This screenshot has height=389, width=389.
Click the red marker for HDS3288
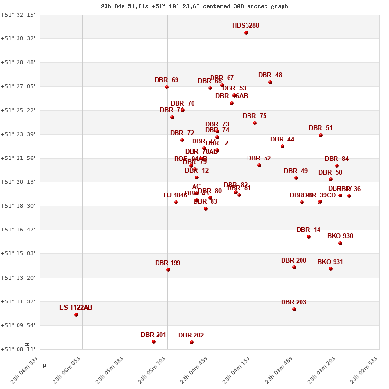pyautogui.click(x=246, y=33)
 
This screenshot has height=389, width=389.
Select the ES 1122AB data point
pyautogui.click(x=76, y=315)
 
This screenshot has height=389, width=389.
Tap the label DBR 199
pyautogui.click(x=168, y=263)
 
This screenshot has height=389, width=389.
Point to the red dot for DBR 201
pyautogui.click(x=154, y=342)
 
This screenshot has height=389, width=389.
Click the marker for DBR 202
pyautogui.click(x=192, y=342)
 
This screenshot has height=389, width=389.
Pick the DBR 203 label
pyautogui.click(x=294, y=302)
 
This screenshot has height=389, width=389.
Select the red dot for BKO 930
pyautogui.click(x=340, y=243)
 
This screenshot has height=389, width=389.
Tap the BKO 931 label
pyautogui.click(x=330, y=262)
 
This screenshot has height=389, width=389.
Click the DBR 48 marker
pyautogui.click(x=270, y=82)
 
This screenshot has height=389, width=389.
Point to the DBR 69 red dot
pyautogui.click(x=167, y=87)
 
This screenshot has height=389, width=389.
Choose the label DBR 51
pyautogui.click(x=320, y=128)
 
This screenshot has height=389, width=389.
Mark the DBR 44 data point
pyautogui.click(x=283, y=146)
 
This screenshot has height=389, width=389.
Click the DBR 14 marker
pyautogui.click(x=309, y=237)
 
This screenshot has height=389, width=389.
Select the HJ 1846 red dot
pyautogui.click(x=176, y=202)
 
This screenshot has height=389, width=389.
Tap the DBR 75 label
pyautogui.click(x=254, y=116)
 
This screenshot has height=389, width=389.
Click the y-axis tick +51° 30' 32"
pyautogui.click(x=18, y=38)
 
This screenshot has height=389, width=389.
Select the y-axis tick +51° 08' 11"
pyautogui.click(x=18, y=349)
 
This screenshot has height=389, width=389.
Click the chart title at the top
pyautogui.click(x=194, y=6)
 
